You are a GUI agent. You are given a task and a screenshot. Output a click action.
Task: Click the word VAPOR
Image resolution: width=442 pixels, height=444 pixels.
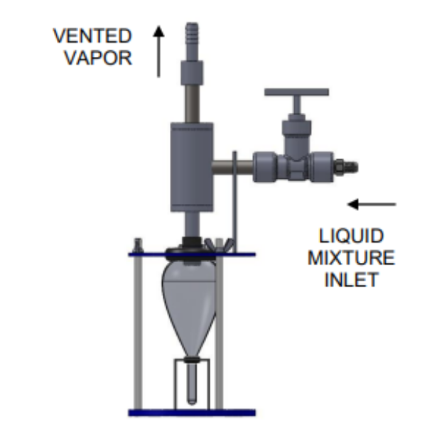[99, 57]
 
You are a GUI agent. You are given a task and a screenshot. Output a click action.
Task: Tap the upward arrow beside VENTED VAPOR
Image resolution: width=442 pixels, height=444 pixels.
[159, 50]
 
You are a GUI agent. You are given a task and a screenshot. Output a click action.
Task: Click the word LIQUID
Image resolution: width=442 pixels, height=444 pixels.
[351, 236]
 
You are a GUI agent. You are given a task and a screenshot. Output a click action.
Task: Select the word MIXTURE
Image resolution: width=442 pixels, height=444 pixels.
[351, 257]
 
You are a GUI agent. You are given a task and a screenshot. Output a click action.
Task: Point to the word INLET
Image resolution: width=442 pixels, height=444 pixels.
[351, 278]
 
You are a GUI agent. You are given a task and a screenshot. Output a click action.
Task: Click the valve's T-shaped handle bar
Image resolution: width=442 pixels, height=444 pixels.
[296, 92]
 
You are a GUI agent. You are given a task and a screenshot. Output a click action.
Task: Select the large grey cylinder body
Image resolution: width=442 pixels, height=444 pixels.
[193, 167]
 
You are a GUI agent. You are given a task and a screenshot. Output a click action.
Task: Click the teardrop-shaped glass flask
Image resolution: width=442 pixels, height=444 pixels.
[188, 298]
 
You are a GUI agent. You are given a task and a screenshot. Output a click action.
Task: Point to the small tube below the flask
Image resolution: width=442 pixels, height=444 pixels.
[190, 384]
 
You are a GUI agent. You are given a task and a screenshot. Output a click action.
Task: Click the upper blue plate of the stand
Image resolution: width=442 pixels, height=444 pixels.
[192, 254]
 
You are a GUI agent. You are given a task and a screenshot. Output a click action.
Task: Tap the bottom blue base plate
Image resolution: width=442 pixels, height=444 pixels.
[192, 412]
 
